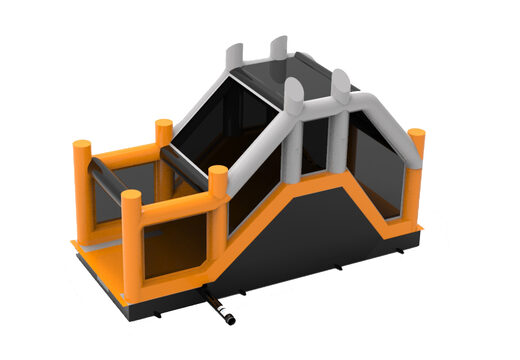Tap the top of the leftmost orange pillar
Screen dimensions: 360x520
coord(82,147)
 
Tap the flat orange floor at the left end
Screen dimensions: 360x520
coord(100,262)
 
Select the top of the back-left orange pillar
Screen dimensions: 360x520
coord(163,127)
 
